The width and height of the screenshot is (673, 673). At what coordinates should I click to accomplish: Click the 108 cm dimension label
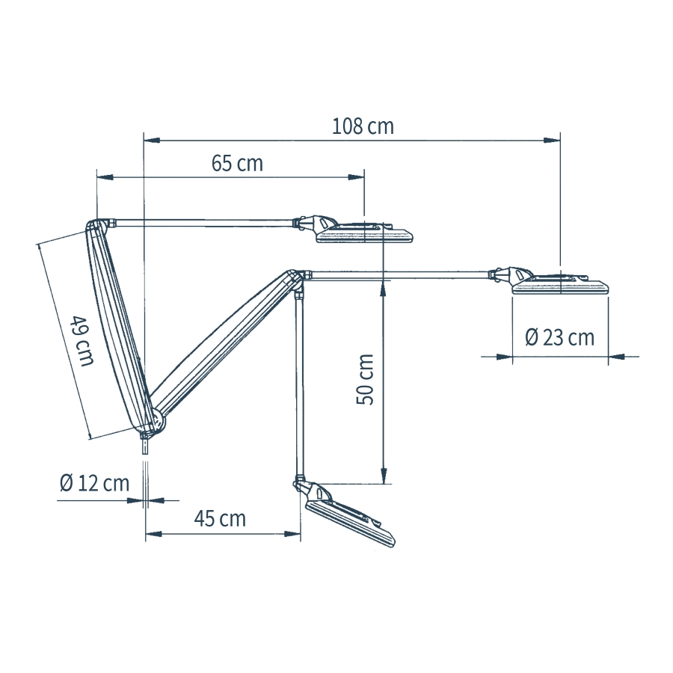(x=363, y=126)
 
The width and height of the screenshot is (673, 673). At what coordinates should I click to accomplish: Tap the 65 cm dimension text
(x=237, y=164)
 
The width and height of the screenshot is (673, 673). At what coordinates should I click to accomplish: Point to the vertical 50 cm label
(x=365, y=379)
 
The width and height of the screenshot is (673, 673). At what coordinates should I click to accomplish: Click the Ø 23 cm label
(x=559, y=337)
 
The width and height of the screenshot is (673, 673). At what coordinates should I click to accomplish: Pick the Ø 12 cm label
(x=94, y=483)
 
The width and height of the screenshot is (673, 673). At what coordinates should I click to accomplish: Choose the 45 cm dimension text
(x=220, y=519)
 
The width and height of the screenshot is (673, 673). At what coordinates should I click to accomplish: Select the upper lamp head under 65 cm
(x=356, y=230)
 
